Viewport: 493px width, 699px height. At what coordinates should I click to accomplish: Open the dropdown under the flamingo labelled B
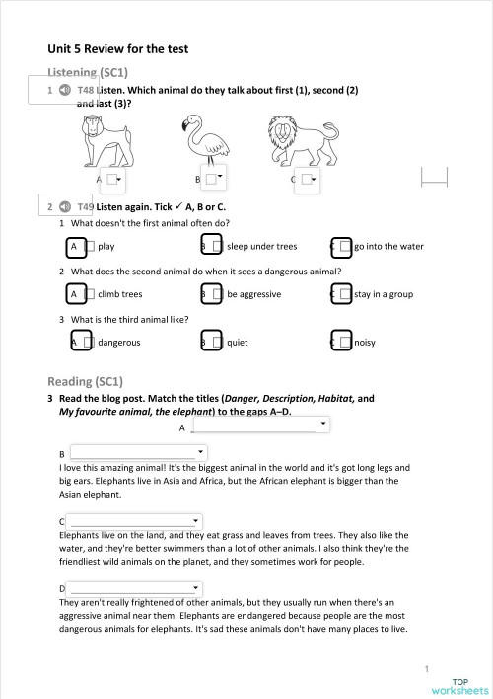[x=214, y=178]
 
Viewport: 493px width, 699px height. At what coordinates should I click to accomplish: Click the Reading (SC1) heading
[x=85, y=381]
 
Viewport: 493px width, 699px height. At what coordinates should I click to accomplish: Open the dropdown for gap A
[x=259, y=425]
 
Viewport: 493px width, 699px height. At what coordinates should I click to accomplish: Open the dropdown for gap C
[x=135, y=520]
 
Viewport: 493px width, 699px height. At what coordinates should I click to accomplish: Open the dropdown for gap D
[x=135, y=588]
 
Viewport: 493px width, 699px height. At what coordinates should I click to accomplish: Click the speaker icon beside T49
[x=64, y=207]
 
